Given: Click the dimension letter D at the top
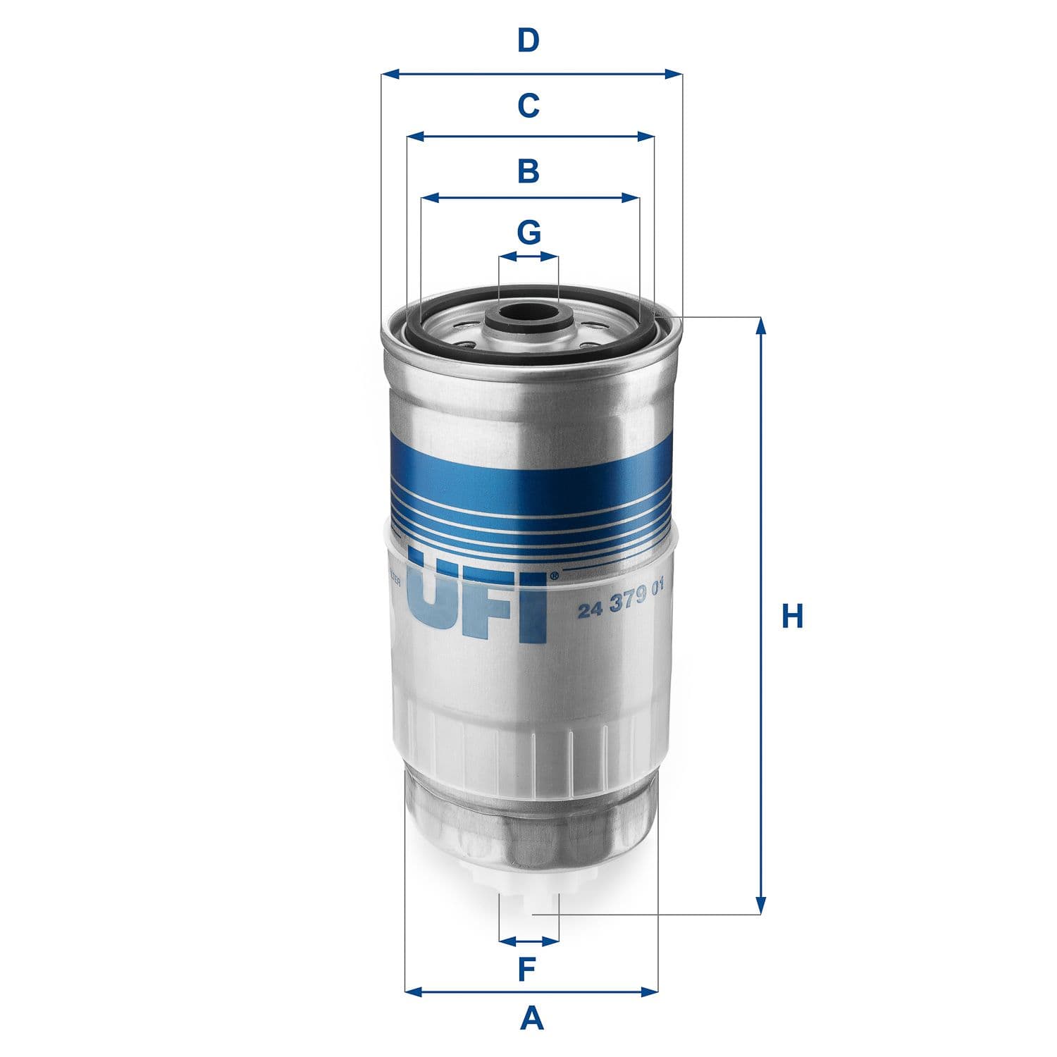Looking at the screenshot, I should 528,41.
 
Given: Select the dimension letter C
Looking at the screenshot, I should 528,106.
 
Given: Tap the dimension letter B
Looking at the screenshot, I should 528,171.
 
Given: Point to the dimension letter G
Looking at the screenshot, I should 528,232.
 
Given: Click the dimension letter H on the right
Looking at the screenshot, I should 792,617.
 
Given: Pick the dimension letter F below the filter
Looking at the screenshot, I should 528,970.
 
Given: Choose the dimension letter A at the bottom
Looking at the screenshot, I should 532,1018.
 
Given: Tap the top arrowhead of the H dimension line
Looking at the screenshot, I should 760,326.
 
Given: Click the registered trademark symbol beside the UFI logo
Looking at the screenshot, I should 553,576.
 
